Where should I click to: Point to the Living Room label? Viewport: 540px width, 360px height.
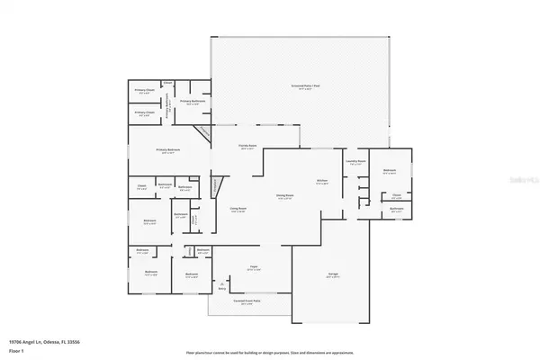point(238,210)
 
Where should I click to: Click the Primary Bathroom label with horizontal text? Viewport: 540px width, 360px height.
point(193,102)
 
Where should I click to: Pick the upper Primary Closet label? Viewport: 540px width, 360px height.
point(143,91)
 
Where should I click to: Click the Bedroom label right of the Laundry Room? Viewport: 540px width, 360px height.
point(389,171)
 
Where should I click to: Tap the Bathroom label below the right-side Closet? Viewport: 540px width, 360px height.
point(397,210)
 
